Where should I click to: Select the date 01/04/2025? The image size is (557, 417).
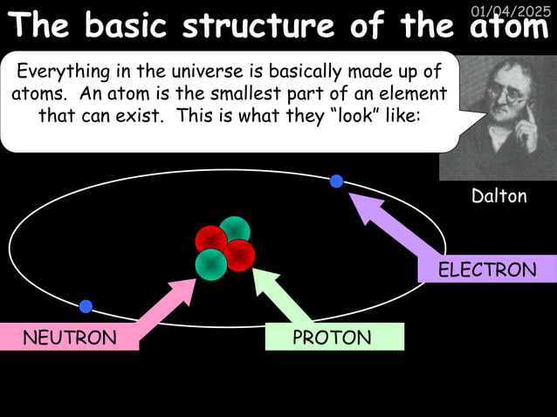(x=511, y=10)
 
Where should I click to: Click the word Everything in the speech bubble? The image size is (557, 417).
(x=59, y=71)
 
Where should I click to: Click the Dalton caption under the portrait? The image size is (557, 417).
(x=499, y=196)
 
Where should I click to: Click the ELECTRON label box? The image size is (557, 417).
(x=487, y=270)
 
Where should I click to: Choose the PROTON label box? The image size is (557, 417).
(x=334, y=338)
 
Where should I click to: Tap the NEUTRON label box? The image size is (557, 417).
(x=69, y=338)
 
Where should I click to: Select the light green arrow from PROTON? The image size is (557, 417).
(x=284, y=297)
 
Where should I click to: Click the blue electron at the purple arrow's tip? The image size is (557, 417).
(x=336, y=181)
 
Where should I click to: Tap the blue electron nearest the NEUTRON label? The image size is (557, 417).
(x=86, y=306)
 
